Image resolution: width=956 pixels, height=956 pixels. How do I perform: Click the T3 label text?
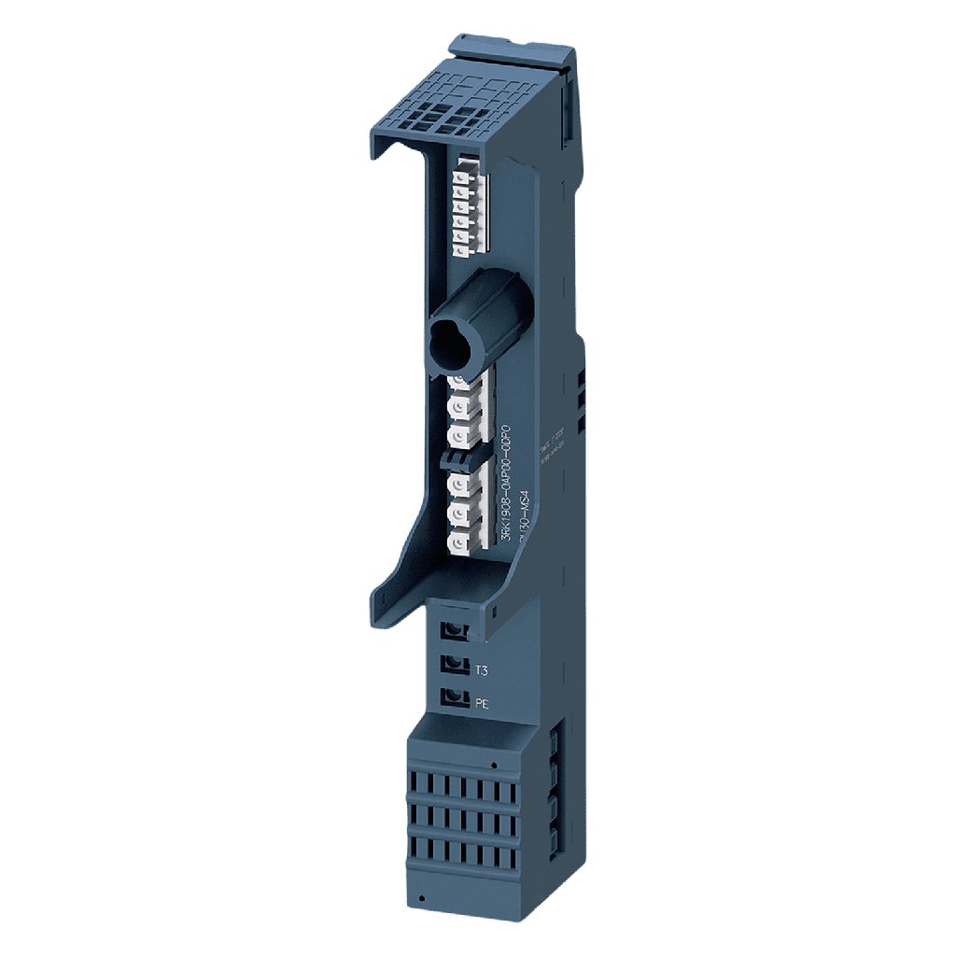pyautogui.click(x=483, y=670)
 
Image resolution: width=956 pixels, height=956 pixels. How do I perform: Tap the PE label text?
pyautogui.click(x=483, y=704)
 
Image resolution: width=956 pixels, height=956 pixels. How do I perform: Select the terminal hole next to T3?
pyautogui.click(x=455, y=664)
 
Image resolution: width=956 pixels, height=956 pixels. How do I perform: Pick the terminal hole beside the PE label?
pyautogui.click(x=455, y=696)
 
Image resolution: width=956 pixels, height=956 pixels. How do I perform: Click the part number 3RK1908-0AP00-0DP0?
pyautogui.click(x=507, y=485)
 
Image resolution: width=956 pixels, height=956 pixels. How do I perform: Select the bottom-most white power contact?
pyautogui.click(x=459, y=542)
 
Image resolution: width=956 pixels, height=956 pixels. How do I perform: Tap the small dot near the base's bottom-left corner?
pyautogui.click(x=423, y=898)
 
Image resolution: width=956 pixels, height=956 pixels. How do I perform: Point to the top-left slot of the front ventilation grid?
pyautogui.click(x=416, y=781)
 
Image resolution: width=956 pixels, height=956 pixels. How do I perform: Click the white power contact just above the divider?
pyautogui.click(x=459, y=435)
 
